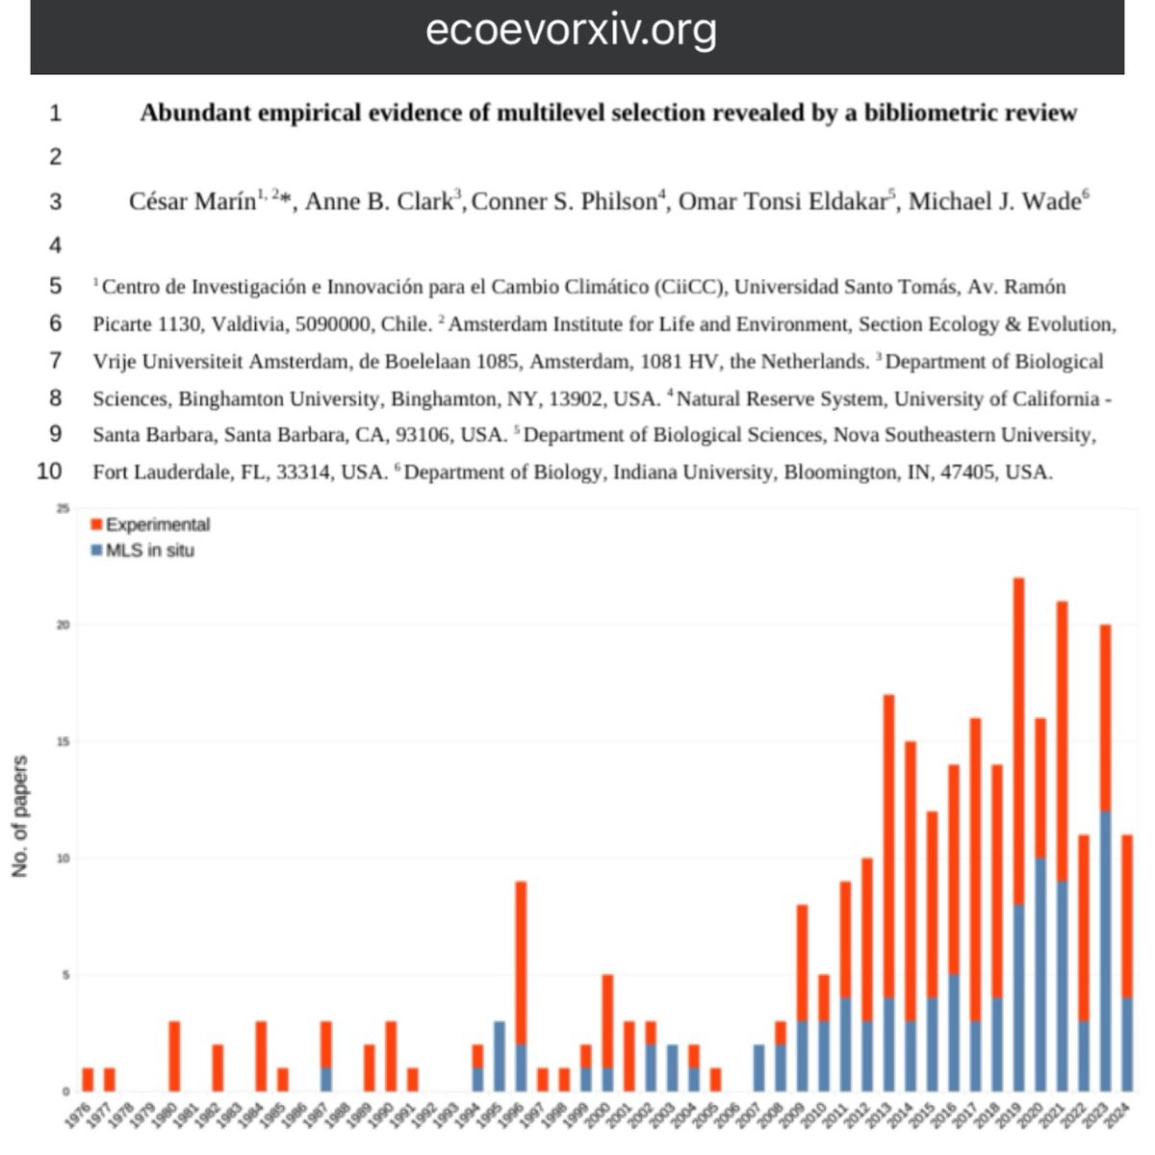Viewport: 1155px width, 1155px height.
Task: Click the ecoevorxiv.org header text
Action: point(571,31)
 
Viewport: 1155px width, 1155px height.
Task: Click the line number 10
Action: point(50,471)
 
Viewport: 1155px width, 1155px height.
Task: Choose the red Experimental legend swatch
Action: point(96,525)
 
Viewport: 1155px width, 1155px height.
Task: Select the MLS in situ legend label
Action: point(149,551)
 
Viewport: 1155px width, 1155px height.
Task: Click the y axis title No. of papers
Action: point(20,816)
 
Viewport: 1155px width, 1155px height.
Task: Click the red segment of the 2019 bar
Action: point(1018,741)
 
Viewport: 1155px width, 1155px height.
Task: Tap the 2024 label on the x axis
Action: point(1122,1119)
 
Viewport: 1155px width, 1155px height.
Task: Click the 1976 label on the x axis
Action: point(84,1119)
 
